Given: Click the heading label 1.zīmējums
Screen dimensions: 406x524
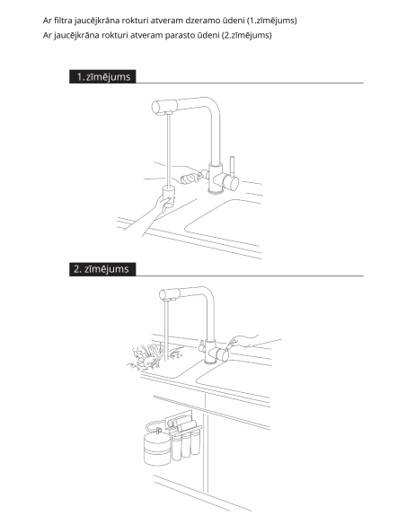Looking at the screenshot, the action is coord(102,76).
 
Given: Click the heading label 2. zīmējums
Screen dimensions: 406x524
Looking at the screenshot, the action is coord(102,269).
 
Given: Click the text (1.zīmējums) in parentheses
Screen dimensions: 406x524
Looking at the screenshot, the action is coord(272,21).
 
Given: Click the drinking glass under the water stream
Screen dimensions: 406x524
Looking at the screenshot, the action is coord(169,196).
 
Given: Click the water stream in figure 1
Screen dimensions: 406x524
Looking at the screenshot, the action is coord(169,150).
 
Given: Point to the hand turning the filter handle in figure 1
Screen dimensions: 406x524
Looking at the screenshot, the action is coord(188,176).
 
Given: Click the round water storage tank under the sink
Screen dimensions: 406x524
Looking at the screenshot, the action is coord(157,449).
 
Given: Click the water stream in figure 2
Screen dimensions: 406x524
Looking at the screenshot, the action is coord(166,330).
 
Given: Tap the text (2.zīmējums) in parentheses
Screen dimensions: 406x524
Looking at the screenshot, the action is coord(246,35).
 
